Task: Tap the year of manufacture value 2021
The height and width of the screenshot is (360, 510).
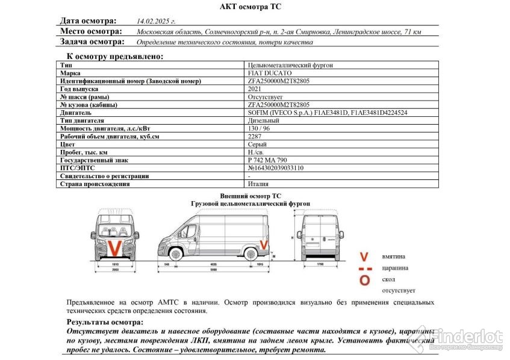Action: [255, 88]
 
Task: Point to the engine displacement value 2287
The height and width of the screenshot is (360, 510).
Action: [255, 137]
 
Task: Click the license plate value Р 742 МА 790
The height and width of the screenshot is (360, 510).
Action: [268, 160]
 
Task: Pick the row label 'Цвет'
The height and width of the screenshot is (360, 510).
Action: [67, 144]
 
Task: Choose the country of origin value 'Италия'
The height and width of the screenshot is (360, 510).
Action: [258, 184]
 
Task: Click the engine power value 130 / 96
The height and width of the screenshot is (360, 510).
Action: [259, 128]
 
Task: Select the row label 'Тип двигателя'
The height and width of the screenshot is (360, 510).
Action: [82, 120]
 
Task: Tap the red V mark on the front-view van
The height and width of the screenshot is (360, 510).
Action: [113, 247]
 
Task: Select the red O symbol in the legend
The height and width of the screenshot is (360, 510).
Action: [364, 280]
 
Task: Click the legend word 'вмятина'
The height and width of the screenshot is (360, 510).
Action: [394, 257]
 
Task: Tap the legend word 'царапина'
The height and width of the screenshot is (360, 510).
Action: [395, 268]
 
